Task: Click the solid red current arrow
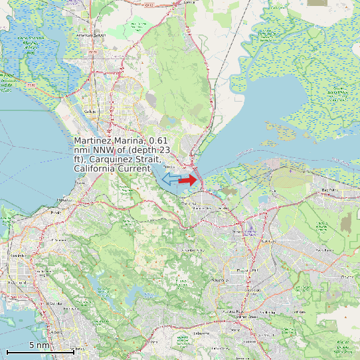[188, 179]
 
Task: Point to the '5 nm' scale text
[39, 345]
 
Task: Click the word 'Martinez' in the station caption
[93, 141]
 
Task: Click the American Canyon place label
[92, 35]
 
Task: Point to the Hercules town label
[64, 199]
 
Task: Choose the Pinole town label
[55, 213]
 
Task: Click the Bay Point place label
[329, 190]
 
